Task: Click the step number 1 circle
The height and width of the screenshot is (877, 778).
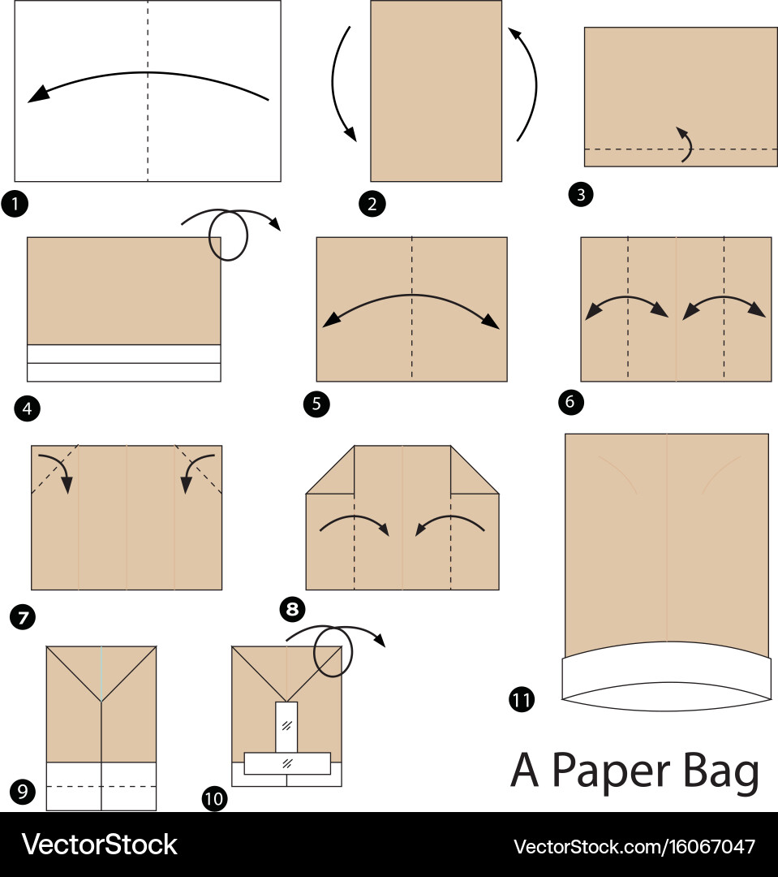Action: [15, 204]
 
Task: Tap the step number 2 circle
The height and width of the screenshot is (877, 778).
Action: [372, 204]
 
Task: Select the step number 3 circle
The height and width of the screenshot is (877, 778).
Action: [581, 195]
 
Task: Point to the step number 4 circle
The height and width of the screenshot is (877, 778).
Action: [27, 408]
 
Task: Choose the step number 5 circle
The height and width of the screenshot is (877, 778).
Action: [316, 404]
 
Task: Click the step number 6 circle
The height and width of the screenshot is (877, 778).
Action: [570, 402]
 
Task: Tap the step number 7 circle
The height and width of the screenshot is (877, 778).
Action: [23, 617]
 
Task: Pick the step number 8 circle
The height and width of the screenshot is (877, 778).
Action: [292, 608]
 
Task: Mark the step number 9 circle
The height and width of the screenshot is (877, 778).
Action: [23, 792]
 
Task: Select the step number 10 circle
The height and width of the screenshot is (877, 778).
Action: [215, 798]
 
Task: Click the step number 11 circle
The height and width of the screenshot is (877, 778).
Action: [522, 700]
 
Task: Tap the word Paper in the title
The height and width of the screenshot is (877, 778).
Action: [610, 772]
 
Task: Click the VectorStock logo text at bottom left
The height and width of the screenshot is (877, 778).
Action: [99, 845]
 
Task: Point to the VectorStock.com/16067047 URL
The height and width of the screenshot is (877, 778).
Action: [634, 846]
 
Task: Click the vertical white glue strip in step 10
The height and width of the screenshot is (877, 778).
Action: [286, 727]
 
